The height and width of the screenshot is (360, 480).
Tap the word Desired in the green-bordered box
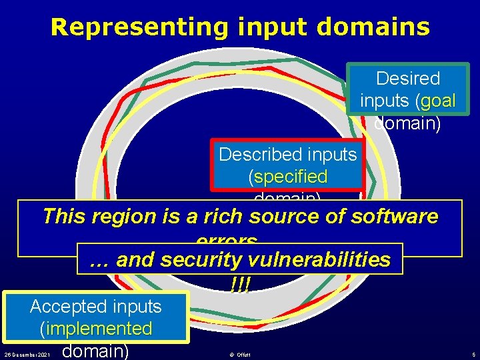tap(408, 79)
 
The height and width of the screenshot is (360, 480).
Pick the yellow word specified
tap(288, 177)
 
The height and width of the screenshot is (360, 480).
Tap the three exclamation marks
tap(239, 285)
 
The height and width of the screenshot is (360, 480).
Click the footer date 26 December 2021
tap(27, 354)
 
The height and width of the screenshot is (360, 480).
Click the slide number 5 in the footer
tap(472, 354)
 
